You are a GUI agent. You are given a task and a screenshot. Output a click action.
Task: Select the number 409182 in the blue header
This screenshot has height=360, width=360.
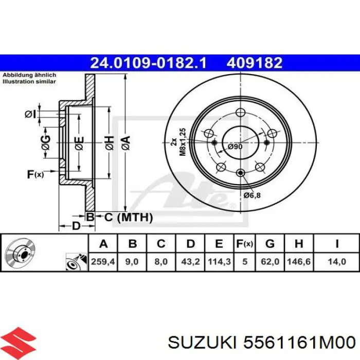click(254, 63)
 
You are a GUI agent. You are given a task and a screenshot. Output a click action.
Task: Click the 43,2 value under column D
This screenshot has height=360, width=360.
click(190, 262)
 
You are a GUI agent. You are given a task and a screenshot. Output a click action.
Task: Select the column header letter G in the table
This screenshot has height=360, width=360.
click(270, 243)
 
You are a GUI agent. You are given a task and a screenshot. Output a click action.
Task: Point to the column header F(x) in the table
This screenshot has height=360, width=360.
click(244, 243)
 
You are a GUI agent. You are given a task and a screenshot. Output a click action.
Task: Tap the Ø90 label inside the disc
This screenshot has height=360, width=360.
click(235, 147)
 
